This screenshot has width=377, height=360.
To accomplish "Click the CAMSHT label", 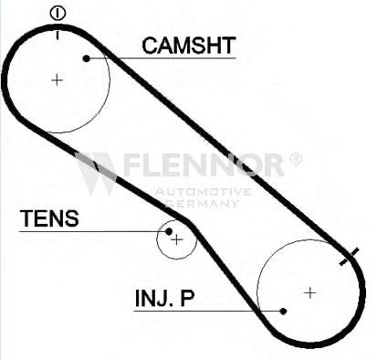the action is coord(189,46).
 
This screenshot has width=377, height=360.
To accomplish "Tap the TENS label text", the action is coord(49,218).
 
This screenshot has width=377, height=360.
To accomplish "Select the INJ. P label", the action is coord(164,298).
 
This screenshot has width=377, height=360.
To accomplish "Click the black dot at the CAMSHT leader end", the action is coord(87,58).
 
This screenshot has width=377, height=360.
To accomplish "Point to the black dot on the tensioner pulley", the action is coord(169,232).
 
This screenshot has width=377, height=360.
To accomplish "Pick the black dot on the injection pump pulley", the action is coord(283,312).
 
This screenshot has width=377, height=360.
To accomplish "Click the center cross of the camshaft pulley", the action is coord(57,80).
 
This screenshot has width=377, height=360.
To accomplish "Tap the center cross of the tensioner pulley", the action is coord(177,240).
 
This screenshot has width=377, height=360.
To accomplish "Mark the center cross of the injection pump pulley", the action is coord(310,293).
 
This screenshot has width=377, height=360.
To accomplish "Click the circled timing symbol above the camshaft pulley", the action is coord(58,14).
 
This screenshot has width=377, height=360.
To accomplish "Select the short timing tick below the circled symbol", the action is coord(58,35).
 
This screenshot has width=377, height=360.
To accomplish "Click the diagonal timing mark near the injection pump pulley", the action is coord(349,257).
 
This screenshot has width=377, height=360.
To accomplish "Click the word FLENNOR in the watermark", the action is coord(204,164).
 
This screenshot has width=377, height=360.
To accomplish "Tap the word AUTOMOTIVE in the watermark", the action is coord(203,192).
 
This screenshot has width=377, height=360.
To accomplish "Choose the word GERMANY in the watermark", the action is coord(202,203).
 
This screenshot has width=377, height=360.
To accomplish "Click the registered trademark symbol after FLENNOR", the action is coord(295,159).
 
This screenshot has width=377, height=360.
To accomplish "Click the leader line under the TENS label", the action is coord(92,231).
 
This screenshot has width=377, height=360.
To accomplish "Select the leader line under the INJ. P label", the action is coord(207,311).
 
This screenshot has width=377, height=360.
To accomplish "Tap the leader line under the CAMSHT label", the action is coord(162,58).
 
